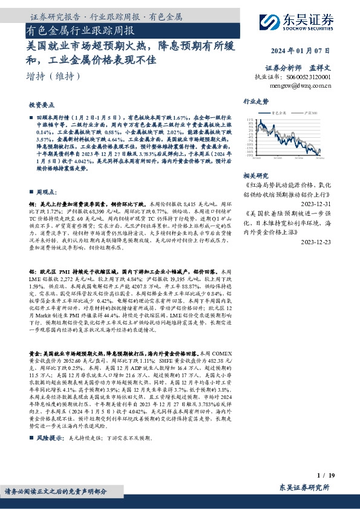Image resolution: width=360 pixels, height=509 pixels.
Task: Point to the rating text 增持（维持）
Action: (x=54, y=76)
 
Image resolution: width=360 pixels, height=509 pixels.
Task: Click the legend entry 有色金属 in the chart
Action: (x=296, y=112)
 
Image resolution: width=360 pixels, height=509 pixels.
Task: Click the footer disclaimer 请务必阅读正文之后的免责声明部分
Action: (x=57, y=491)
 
